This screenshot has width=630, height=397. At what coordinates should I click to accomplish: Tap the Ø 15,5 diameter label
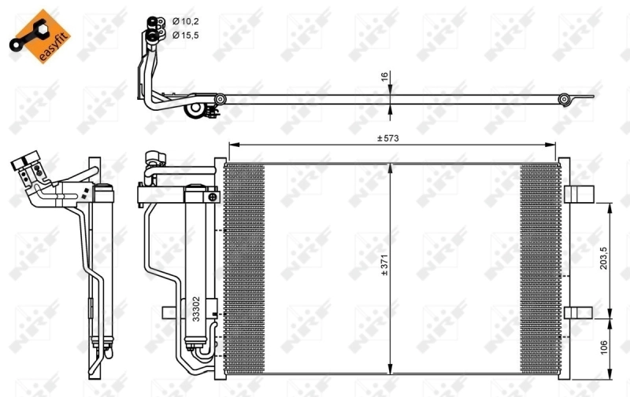tap(186, 35)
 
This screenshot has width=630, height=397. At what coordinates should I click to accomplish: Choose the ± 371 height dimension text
tap(385, 267)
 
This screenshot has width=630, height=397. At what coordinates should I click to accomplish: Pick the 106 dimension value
tap(603, 347)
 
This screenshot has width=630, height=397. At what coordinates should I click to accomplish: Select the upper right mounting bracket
tap(580, 193)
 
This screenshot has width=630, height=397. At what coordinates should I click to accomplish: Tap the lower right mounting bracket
tap(580, 311)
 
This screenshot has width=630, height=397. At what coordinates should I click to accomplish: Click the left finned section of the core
tap(244, 267)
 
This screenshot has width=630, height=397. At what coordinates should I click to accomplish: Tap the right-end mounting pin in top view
tap(565, 99)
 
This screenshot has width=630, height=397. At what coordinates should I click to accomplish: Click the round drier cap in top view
tap(194, 113)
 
